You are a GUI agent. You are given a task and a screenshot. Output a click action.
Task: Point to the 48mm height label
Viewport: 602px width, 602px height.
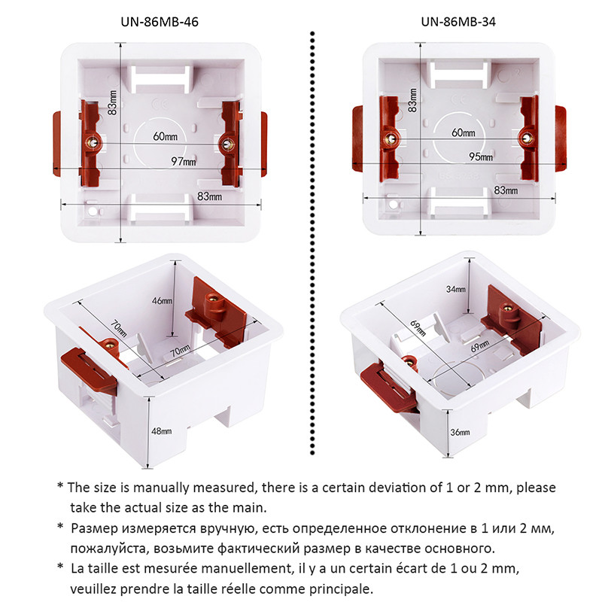click(161, 431)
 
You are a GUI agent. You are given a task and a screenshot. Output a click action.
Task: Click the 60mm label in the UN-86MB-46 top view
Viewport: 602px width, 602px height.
click(165, 136)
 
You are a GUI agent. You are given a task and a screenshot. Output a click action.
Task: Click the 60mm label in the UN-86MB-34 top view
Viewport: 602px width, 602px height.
click(463, 132)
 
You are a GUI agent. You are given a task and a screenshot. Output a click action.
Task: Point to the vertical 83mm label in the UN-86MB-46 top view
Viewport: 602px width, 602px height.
click(112, 103)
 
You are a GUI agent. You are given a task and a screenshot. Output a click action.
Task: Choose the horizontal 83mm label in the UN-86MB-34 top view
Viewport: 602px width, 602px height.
click(506, 192)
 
